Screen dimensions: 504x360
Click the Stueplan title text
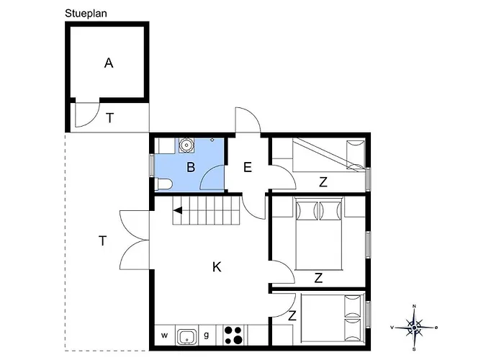click(86, 14)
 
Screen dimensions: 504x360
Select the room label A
click(109, 63)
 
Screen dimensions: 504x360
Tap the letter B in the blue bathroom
click(191, 167)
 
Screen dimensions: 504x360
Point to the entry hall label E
click(248, 167)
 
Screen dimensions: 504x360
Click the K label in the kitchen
click(217, 267)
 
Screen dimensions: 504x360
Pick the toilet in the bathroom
click(164, 184)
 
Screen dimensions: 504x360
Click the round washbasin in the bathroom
click(186, 145)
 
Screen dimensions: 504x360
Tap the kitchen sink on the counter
click(186, 337)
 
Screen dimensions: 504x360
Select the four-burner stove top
click(233, 336)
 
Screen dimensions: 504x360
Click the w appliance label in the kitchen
click(164, 336)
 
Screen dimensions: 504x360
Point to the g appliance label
click(207, 336)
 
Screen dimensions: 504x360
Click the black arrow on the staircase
click(178, 210)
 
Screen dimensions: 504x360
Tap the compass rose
click(415, 328)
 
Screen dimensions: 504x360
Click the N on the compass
click(414, 306)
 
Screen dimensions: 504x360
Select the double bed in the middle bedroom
click(319, 234)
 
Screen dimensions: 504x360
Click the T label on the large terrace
click(102, 240)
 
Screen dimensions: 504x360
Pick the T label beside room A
click(110, 118)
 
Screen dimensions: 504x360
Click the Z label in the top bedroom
click(323, 182)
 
